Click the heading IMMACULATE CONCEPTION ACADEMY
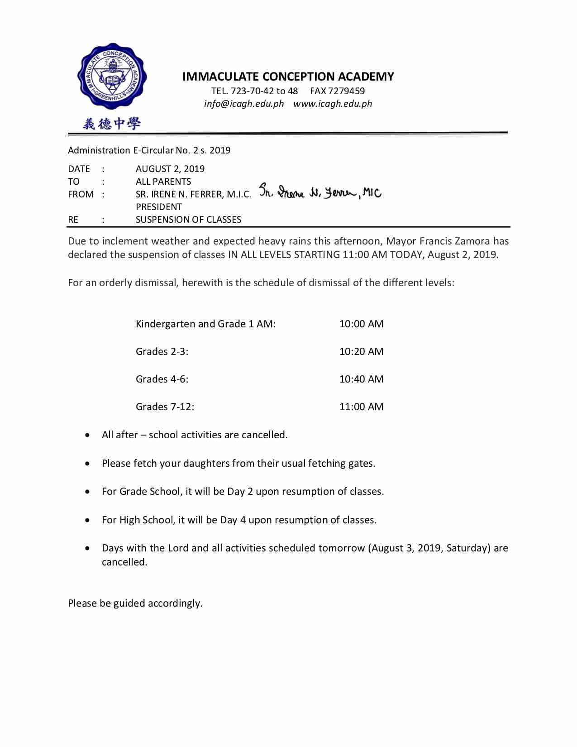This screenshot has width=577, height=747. pos(288,77)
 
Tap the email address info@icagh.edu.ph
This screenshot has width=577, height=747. pos(243,104)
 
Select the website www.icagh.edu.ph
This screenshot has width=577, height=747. pos(333,104)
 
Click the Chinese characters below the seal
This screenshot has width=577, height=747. pos(111,123)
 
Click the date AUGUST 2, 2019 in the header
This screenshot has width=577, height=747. pos(170,169)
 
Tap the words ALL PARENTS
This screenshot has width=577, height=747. pos(163,182)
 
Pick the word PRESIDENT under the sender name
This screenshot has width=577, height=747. pos(158,207)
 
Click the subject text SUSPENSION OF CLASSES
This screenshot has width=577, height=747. pos(188,220)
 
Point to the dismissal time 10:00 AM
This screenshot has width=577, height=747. pos(361,324)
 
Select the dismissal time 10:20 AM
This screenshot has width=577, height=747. pos(361,351)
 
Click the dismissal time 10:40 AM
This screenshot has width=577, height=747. pos(361,379)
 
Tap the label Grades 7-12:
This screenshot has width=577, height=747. pos(165,407)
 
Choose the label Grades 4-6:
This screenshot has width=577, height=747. pos(162,379)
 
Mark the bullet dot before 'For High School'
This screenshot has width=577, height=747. pos(87,520)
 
